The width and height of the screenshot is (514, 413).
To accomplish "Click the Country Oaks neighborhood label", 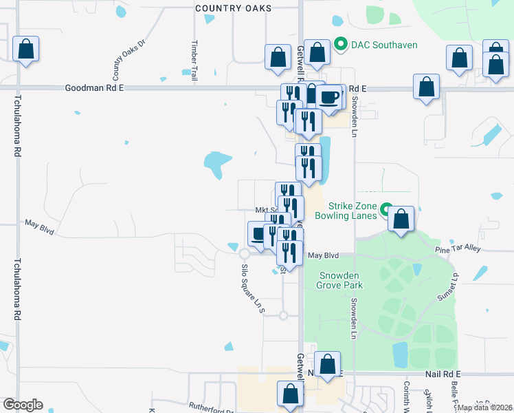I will [234, 8].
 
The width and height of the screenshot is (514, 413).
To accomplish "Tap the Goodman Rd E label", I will [94, 88].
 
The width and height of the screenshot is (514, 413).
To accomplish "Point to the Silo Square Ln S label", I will [252, 289].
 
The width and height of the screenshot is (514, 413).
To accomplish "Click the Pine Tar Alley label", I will [462, 248].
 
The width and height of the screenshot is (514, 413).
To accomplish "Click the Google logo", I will [23, 405].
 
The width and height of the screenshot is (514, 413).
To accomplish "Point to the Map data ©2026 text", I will [485, 407].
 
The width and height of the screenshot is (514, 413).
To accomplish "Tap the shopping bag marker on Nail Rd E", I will [328, 364].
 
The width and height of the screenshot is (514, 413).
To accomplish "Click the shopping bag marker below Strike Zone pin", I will [401, 219].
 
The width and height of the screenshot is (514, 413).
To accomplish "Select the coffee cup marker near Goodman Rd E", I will [330, 97].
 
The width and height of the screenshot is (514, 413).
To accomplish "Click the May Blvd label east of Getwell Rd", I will [324, 255].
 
